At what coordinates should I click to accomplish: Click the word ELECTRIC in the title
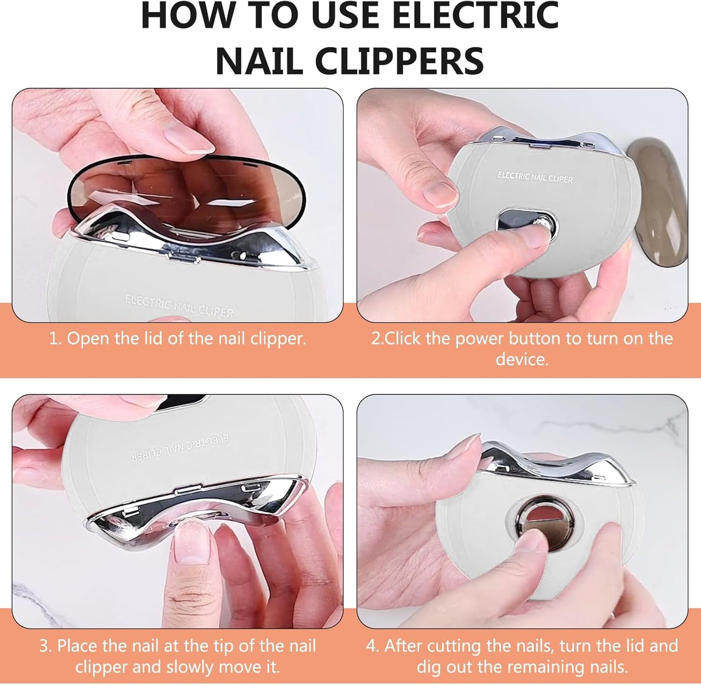pos(475,16)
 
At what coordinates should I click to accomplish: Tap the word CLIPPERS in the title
pos(399,61)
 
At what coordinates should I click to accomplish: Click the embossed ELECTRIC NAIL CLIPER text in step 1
pos(179,306)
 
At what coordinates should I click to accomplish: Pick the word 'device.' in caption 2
pos(522,359)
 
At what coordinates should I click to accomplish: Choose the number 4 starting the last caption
pos(372,646)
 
